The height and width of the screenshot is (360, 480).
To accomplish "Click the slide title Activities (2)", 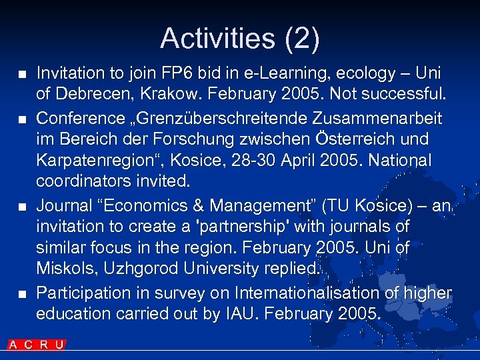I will pyautogui.click(x=240, y=38).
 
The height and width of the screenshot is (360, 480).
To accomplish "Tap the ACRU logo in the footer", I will pyautogui.click(x=37, y=345).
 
